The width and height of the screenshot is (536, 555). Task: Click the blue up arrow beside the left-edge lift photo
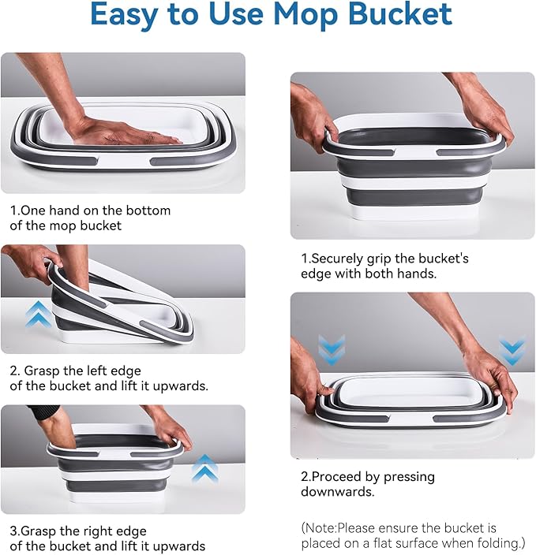tap(38, 314)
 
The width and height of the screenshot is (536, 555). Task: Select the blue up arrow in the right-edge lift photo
tap(205, 467)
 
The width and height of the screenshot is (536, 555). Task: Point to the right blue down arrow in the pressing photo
tap(512, 351)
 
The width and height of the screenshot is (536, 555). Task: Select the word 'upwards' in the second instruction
tap(183, 386)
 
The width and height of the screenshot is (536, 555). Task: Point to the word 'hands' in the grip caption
tap(418, 273)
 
